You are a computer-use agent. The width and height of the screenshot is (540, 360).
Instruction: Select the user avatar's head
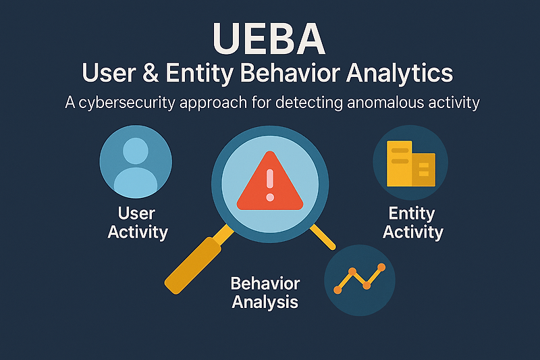coord(136,150)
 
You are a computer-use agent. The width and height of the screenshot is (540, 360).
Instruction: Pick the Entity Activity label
coord(412,223)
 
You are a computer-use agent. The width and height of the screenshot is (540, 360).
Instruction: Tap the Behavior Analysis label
coord(265,292)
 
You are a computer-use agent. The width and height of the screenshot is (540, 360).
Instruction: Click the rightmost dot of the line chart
coord(381,267)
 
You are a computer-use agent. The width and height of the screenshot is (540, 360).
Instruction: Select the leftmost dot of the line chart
coord(337,290)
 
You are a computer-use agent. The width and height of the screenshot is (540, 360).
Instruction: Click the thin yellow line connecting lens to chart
coord(323,236)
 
